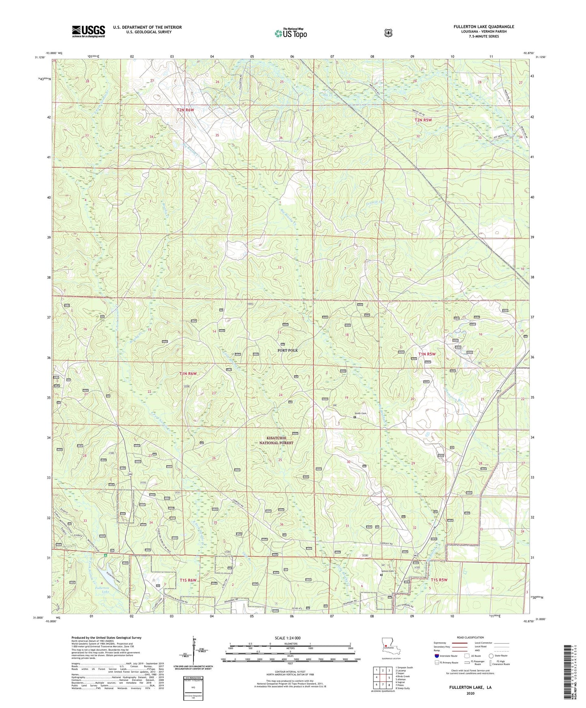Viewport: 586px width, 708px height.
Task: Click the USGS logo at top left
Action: pos(88,31)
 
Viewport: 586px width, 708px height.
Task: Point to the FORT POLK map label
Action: pos(288,350)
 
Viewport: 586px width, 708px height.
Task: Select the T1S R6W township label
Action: pos(188,580)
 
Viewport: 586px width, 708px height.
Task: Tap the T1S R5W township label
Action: pos(439,580)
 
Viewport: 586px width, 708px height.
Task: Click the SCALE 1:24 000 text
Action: pos(288,638)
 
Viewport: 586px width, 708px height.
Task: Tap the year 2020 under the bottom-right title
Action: pos(470,693)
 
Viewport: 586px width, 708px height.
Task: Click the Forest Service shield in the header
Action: pos(388,32)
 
